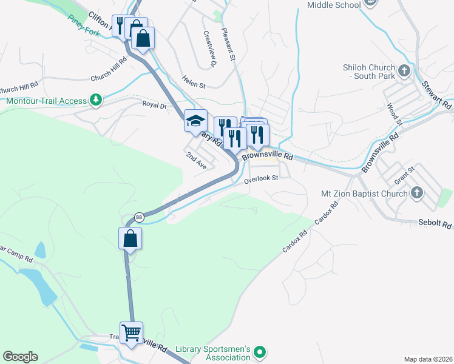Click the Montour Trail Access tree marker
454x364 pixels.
click(95, 99)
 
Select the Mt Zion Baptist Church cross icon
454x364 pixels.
click(416, 194)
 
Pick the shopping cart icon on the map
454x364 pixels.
click(131, 333)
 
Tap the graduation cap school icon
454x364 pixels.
click(195, 121)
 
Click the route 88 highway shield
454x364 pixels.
click(140, 217)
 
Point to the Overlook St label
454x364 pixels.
click(261, 179)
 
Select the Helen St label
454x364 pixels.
click(194, 78)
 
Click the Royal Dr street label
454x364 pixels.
click(154, 105)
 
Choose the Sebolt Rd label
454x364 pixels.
click(435, 224)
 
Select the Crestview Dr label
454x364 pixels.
click(210, 49)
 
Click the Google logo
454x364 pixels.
click(20, 357)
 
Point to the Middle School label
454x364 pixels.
click(334, 5)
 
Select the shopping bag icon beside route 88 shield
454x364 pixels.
click(130, 238)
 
